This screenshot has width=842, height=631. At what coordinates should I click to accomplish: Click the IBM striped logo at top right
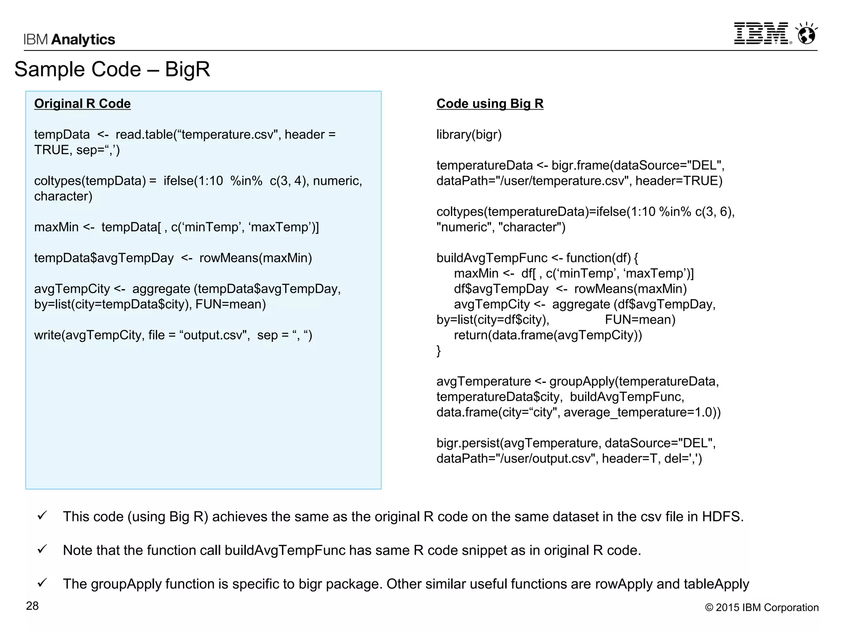(x=762, y=33)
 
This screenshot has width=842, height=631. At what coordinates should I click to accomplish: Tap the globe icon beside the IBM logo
(x=807, y=34)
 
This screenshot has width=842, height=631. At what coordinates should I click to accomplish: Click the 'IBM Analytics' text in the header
(x=69, y=39)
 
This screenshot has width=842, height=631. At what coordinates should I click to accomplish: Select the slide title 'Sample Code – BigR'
(x=112, y=69)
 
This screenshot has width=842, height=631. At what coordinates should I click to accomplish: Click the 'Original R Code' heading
(x=82, y=104)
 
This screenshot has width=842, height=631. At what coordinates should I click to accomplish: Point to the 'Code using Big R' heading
(x=490, y=104)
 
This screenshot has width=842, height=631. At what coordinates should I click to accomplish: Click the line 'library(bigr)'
(x=469, y=135)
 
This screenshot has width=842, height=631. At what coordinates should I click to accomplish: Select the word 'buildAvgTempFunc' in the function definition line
(x=492, y=258)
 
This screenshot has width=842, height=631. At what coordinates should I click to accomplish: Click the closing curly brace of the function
(x=439, y=351)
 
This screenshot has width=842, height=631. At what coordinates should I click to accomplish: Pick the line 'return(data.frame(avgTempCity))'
(x=548, y=335)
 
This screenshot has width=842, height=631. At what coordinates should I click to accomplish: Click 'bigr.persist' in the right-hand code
(x=468, y=443)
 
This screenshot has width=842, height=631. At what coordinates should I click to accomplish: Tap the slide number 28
(x=32, y=606)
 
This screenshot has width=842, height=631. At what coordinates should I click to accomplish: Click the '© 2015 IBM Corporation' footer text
(x=761, y=608)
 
